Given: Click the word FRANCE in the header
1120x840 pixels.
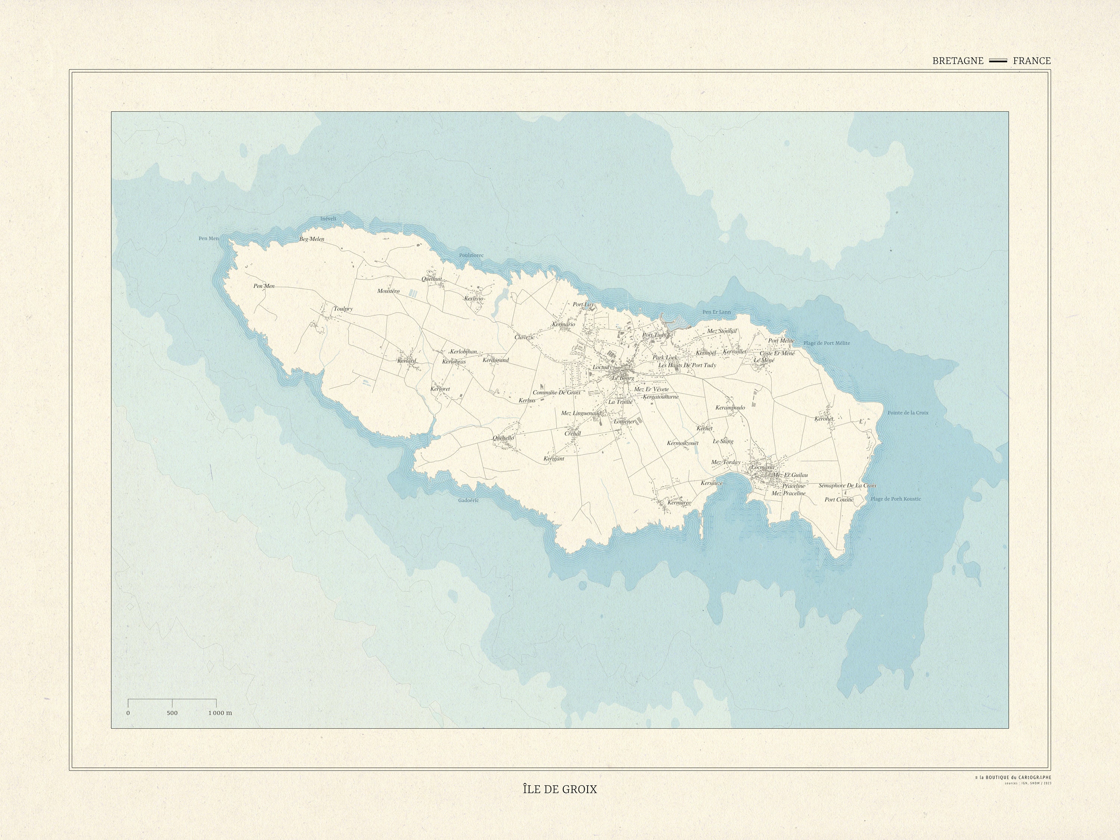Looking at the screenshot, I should click(1032, 61).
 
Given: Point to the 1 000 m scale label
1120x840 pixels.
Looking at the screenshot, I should click(220, 713).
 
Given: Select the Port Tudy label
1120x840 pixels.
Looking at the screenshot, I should click(654, 335).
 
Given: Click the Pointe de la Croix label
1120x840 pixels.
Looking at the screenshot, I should click(908, 413).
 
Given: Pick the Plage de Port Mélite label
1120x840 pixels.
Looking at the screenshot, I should click(826, 343).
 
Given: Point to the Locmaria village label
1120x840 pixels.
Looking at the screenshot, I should click(763, 467).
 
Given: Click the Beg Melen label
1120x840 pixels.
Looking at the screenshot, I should click(312, 239).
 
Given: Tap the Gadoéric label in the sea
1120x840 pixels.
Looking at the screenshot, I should click(469, 500).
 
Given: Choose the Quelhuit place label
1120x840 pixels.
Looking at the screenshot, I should click(432, 279).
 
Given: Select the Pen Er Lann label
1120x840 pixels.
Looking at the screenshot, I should click(716, 312).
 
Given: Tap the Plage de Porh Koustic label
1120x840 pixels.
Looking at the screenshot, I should click(896, 499).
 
